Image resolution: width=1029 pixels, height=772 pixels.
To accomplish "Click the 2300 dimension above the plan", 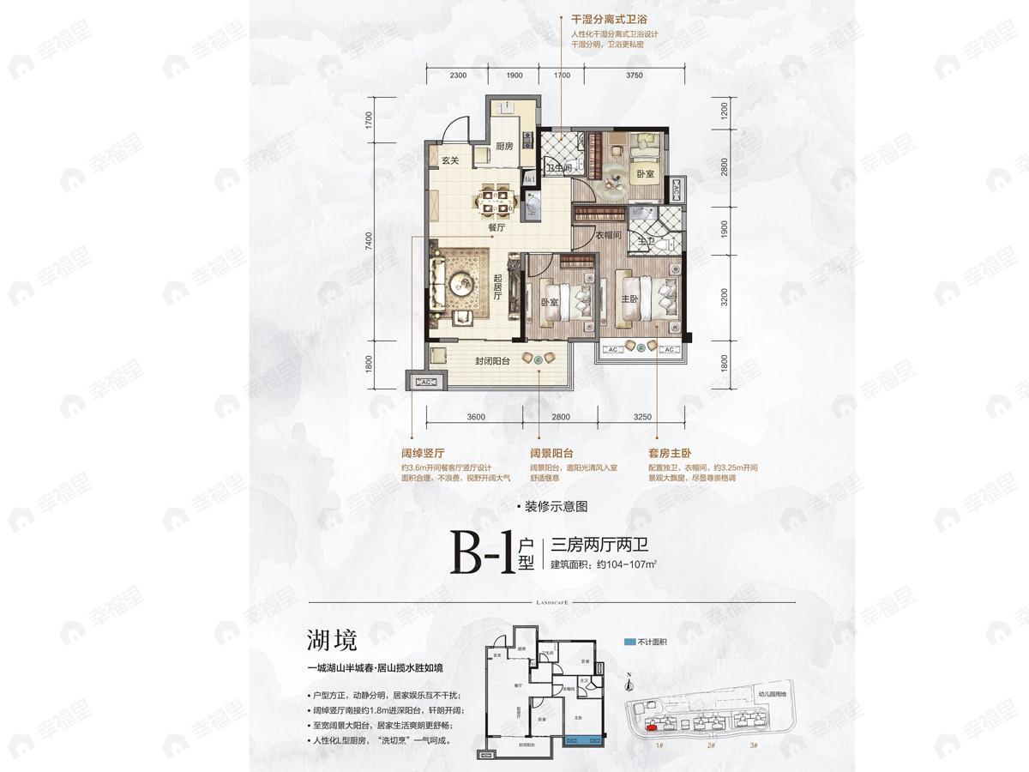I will coord(457,75).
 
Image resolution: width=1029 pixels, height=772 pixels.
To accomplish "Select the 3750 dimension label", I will coord(634,75).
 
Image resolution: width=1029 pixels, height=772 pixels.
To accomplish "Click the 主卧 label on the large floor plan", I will coord(629,299).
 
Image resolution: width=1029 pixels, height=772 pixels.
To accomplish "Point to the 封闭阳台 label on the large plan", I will coord(493,362).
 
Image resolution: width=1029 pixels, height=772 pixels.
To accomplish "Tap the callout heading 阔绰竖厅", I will coord(433,454).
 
